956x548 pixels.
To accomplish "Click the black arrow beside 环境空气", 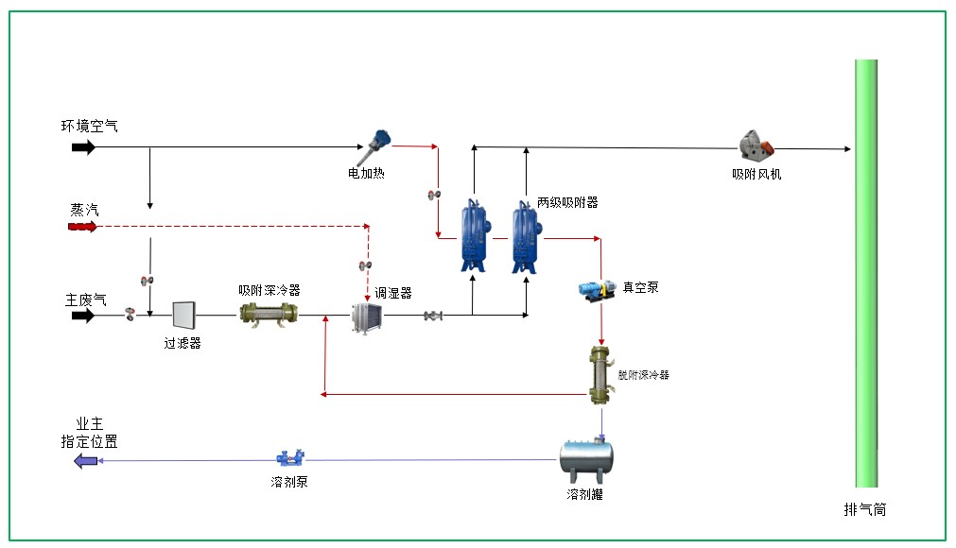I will (83, 147).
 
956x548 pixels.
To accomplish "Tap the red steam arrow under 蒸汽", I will (82, 227).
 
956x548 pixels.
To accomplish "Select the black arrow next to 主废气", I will (83, 316).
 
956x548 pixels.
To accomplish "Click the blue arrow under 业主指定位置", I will (86, 461).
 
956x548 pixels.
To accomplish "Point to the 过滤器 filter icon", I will (183, 316).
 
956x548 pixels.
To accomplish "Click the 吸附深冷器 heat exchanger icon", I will (269, 315).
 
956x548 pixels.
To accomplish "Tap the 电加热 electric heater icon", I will (380, 143).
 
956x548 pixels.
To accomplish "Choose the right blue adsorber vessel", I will (525, 234).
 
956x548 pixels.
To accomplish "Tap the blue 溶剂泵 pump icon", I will (287, 459).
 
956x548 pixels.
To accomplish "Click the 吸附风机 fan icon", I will (755, 146).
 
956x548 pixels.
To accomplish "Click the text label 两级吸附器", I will (567, 202).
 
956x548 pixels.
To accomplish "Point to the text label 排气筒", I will (865, 509).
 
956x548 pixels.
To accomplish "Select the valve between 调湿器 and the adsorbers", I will (434, 316).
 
